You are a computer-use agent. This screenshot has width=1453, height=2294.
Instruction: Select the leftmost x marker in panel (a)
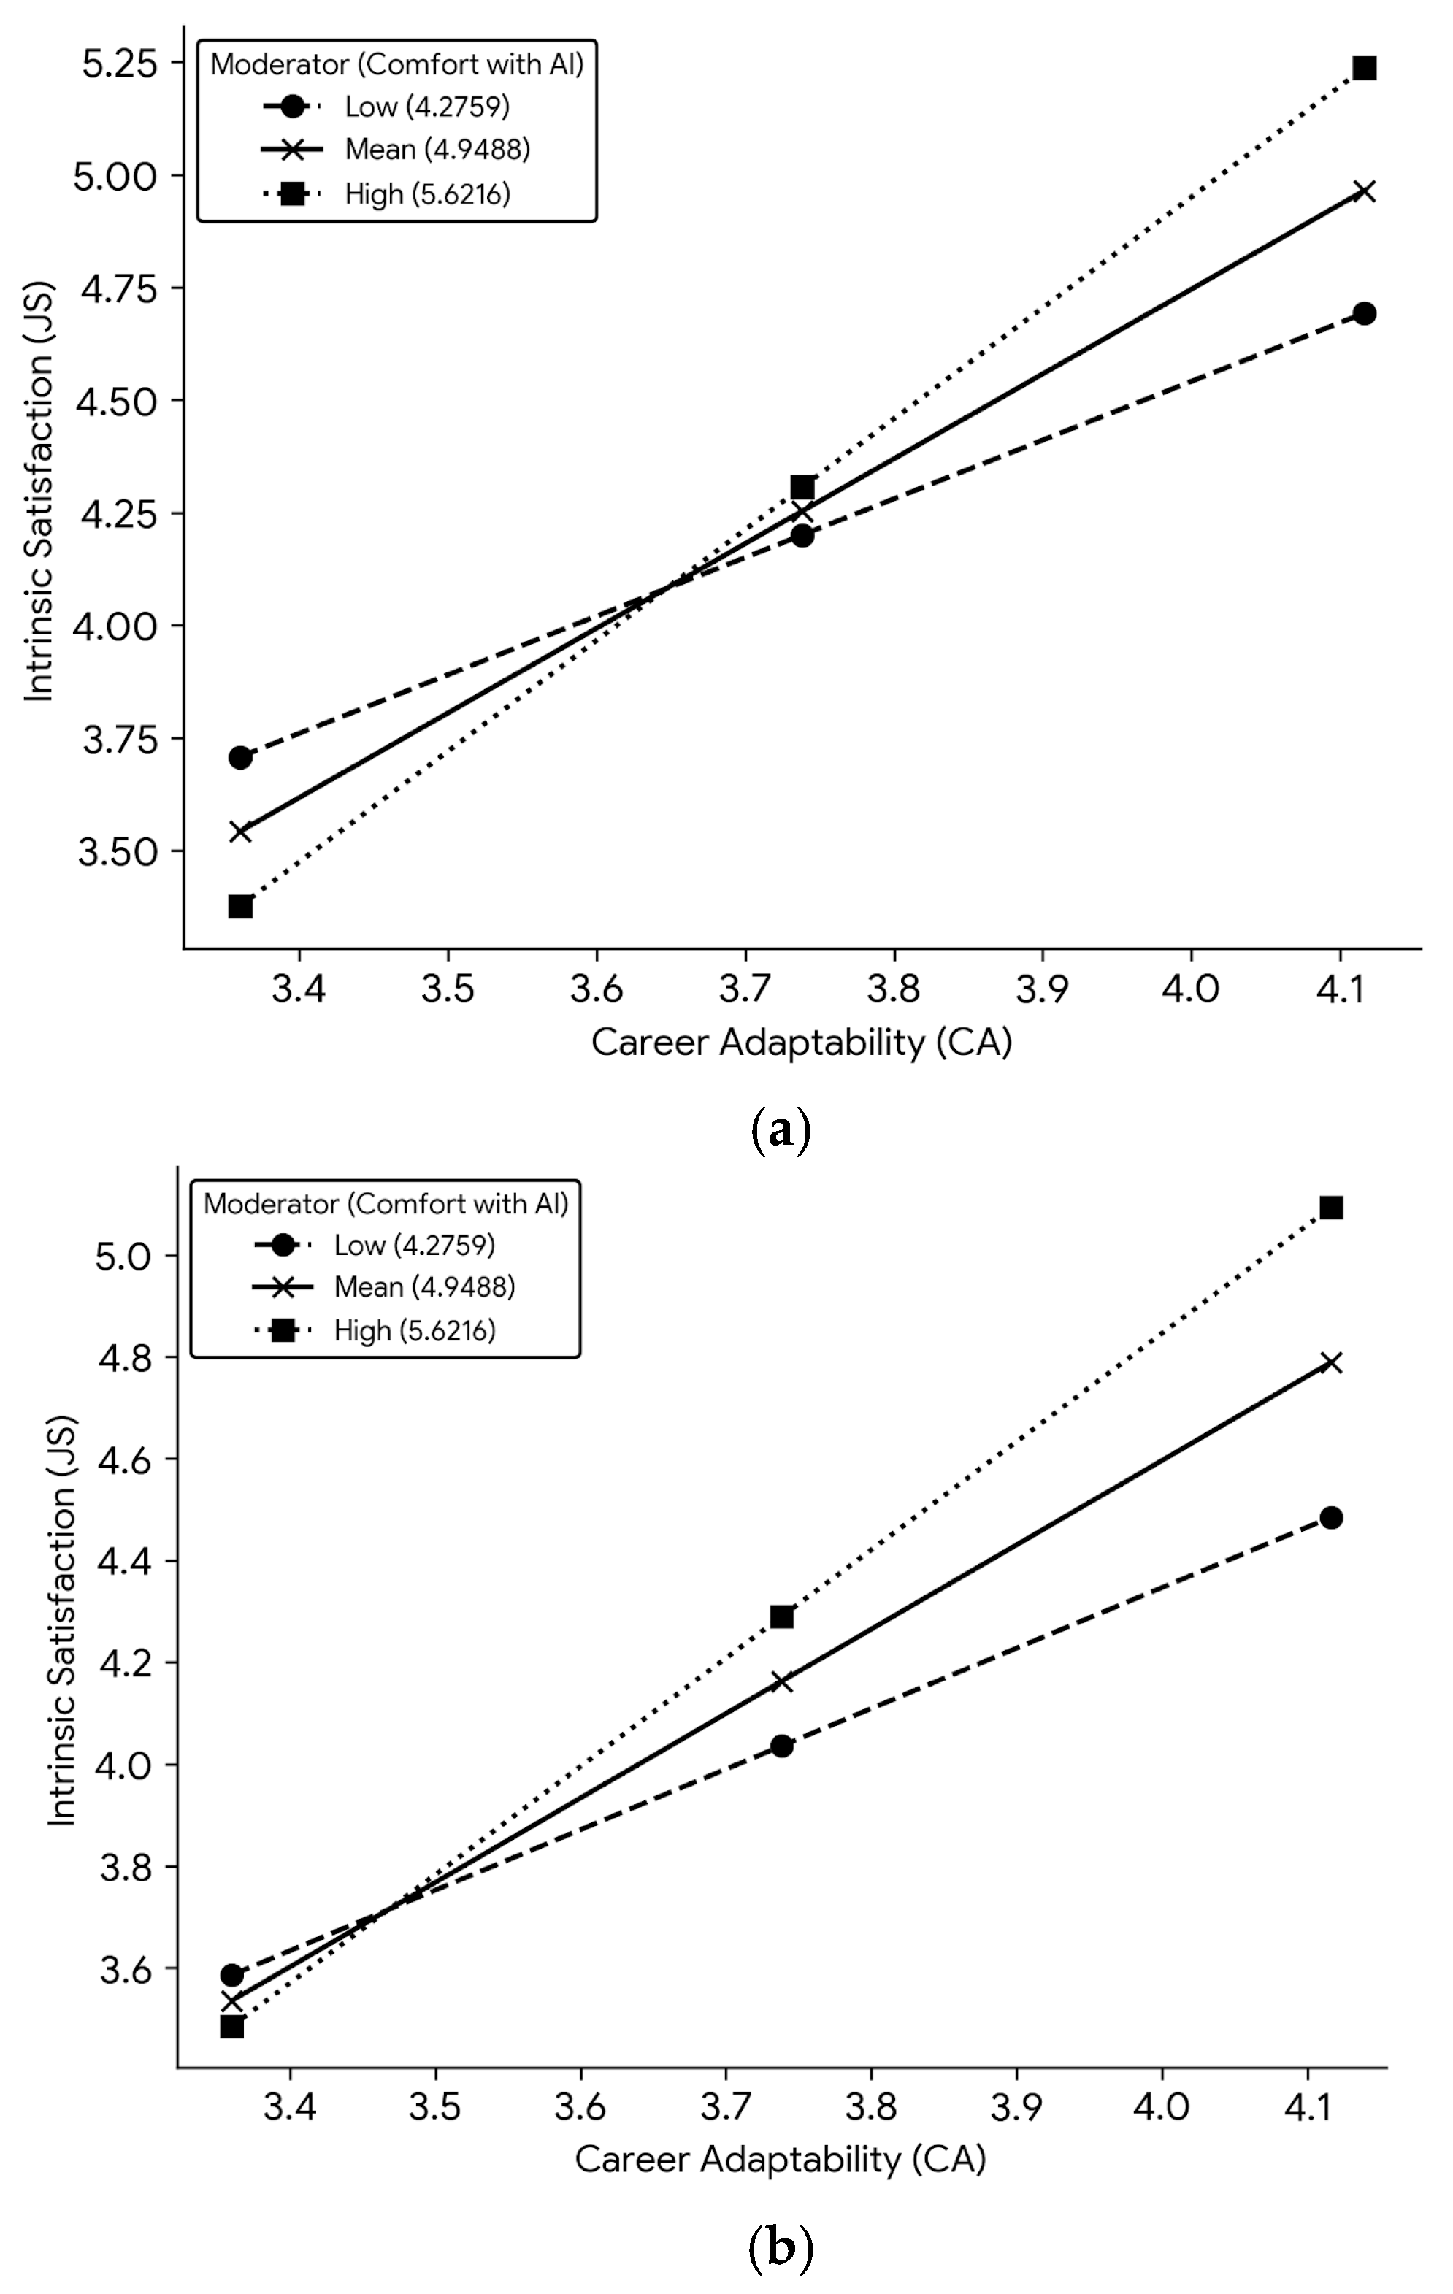[240, 832]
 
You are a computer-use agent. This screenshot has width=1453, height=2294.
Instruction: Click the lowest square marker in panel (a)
[240, 906]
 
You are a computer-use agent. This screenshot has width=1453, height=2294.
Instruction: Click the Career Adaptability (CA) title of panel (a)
[801, 1042]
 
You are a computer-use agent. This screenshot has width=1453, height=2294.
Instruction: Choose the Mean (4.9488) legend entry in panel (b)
[424, 1287]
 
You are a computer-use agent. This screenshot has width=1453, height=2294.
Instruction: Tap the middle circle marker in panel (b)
[781, 1746]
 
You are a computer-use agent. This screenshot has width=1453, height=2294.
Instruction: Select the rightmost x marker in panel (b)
[1331, 1363]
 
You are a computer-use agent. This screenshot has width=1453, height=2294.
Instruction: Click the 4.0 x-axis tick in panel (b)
[1162, 2106]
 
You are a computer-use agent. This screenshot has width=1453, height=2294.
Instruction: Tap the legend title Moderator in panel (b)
[386, 1204]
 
